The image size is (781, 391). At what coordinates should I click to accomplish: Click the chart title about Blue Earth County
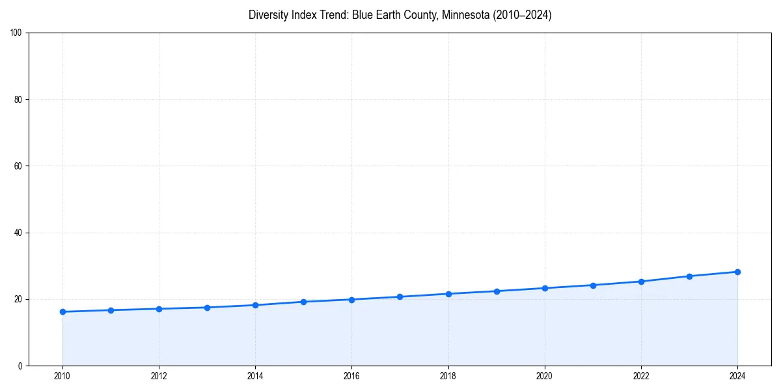click(400, 15)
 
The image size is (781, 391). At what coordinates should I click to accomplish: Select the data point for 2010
click(62, 311)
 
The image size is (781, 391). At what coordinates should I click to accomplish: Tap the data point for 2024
click(737, 272)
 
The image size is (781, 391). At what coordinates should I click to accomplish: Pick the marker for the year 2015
click(303, 302)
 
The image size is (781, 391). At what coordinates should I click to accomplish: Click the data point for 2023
click(689, 276)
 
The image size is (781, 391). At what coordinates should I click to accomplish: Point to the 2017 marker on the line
click(400, 297)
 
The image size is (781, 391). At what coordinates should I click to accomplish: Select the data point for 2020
click(545, 288)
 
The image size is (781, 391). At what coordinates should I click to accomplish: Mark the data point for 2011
click(111, 310)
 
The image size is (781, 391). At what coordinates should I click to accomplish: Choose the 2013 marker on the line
click(207, 308)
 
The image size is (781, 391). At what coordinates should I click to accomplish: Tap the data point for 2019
click(497, 291)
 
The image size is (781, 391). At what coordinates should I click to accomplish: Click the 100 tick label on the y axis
click(16, 33)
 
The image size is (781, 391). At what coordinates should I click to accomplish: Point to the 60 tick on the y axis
click(18, 166)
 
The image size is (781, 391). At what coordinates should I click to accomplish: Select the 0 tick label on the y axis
click(20, 366)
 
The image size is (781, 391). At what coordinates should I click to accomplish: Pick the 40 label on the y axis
click(18, 233)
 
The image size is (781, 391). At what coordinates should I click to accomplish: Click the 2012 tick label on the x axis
click(159, 376)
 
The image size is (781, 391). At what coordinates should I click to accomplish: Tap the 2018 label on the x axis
click(448, 376)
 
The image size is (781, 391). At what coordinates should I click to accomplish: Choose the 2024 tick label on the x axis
click(737, 376)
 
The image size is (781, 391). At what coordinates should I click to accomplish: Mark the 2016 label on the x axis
click(351, 376)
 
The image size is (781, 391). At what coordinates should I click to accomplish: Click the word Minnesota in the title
click(461, 15)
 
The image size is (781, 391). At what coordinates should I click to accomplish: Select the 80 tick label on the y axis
click(18, 100)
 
